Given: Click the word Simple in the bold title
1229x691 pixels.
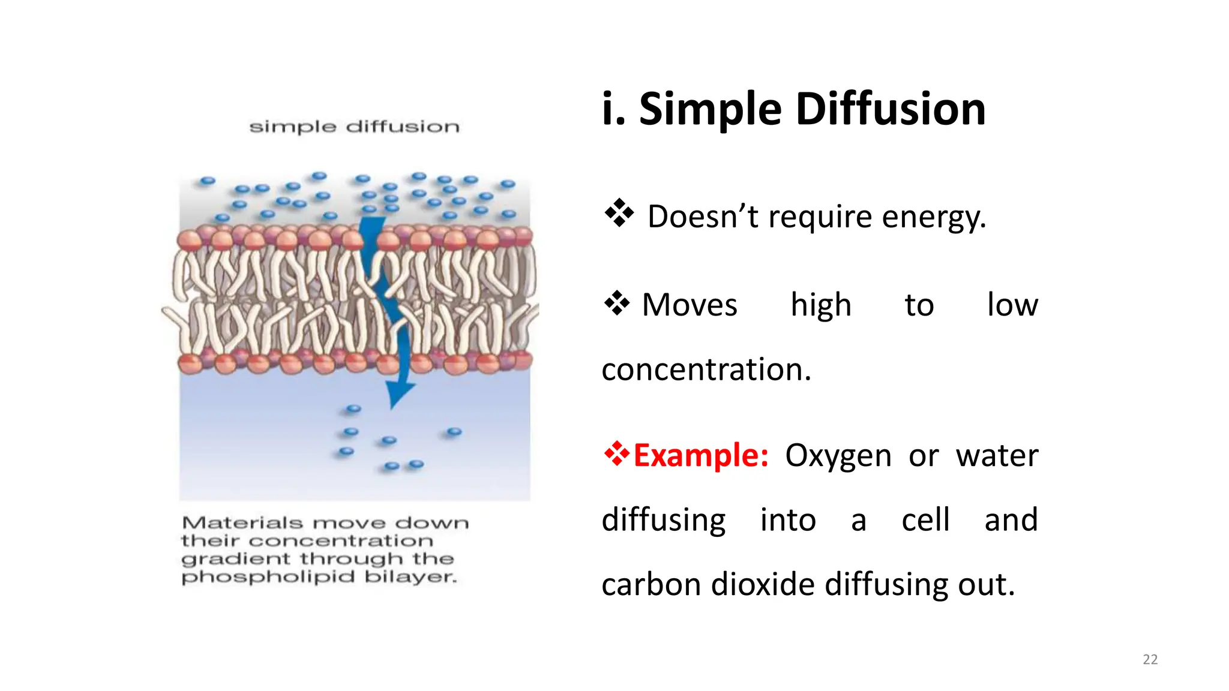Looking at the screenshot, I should [710, 110].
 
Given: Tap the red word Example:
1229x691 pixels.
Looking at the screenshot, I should [701, 455].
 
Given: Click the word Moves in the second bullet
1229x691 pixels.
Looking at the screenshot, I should [690, 305].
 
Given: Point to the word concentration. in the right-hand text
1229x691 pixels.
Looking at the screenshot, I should [706, 369].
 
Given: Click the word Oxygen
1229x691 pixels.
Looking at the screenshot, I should [838, 456].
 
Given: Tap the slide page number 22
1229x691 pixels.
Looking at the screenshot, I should [1150, 659].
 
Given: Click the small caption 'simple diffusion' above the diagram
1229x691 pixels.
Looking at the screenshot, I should [354, 127].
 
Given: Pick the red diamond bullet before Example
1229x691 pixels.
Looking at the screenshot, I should [616, 453].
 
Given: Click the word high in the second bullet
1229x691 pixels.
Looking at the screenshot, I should [821, 305].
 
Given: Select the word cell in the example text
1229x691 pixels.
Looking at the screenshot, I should [925, 520].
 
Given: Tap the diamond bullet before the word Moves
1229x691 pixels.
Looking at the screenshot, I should [617, 303].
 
